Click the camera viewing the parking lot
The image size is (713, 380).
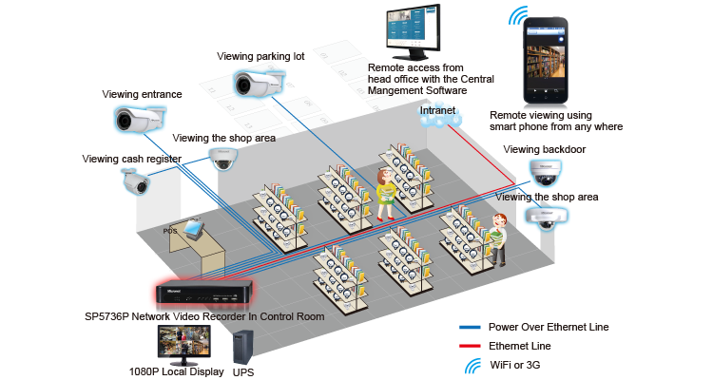260,84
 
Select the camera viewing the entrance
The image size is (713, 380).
139,119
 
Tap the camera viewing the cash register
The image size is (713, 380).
136,180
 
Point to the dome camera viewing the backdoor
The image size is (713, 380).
546,173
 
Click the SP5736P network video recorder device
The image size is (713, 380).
203,293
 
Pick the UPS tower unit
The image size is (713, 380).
242,349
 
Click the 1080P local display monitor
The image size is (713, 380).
184,345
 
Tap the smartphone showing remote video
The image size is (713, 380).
546,61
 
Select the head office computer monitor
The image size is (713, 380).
414,31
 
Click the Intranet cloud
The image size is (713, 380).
440,116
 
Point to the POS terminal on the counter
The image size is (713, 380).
192,227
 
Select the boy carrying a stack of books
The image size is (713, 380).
498,239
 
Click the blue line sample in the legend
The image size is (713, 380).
470,327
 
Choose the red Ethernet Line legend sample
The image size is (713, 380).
470,347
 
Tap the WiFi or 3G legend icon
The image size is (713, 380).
472,366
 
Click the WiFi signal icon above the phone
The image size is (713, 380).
517,15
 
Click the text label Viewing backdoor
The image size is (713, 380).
545,149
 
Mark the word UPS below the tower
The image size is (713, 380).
243,372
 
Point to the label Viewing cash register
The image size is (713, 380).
132,159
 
